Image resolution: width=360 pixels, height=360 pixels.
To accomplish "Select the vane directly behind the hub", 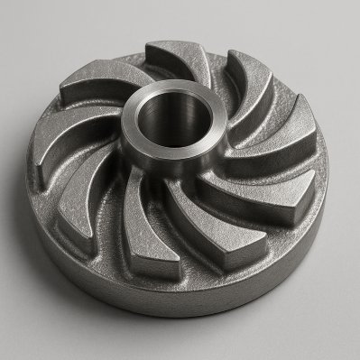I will click(180, 56).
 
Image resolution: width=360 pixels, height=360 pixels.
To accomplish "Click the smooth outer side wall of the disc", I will click(180, 293).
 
